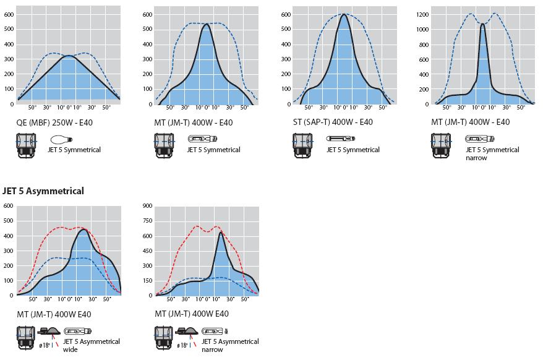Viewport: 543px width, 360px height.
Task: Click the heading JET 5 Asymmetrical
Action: click(x=43, y=191)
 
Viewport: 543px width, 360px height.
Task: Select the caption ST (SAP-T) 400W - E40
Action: click(x=333, y=122)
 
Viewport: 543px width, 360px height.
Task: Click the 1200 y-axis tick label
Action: click(x=423, y=14)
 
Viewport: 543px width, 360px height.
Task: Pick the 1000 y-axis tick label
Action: click(x=423, y=29)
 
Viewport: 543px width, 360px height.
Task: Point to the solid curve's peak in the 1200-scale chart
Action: click(x=482, y=24)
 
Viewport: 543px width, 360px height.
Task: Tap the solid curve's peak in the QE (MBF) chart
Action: click(x=69, y=56)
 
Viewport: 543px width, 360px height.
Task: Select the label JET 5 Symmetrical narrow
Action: click(x=492, y=153)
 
